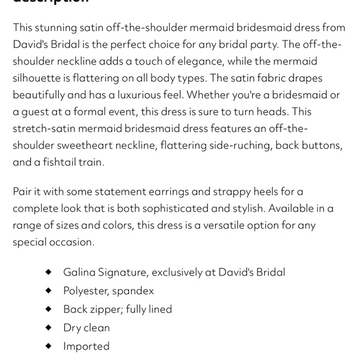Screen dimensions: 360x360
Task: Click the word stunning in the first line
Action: pos(55,28)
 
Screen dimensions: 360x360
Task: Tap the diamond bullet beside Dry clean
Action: pos(48,327)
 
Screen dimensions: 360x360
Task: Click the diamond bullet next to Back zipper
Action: pos(48,308)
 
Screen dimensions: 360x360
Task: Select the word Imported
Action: pos(86,346)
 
